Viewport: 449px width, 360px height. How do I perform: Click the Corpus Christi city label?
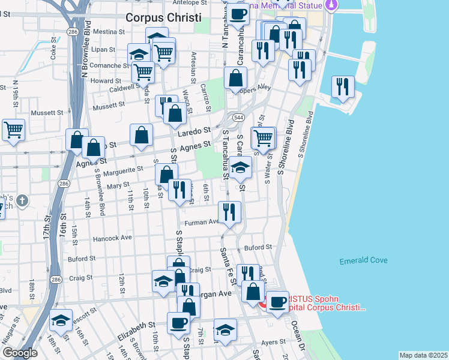coord(163,17)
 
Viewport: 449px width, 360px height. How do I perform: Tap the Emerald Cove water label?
coord(363,260)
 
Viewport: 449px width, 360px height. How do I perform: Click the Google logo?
coord(20,353)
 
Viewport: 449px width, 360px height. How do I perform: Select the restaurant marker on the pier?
coord(343,86)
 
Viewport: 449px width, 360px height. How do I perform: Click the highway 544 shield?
coord(239,117)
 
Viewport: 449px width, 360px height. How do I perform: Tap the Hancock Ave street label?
coord(112,238)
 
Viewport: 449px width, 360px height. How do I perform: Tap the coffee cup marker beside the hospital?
coord(277,302)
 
